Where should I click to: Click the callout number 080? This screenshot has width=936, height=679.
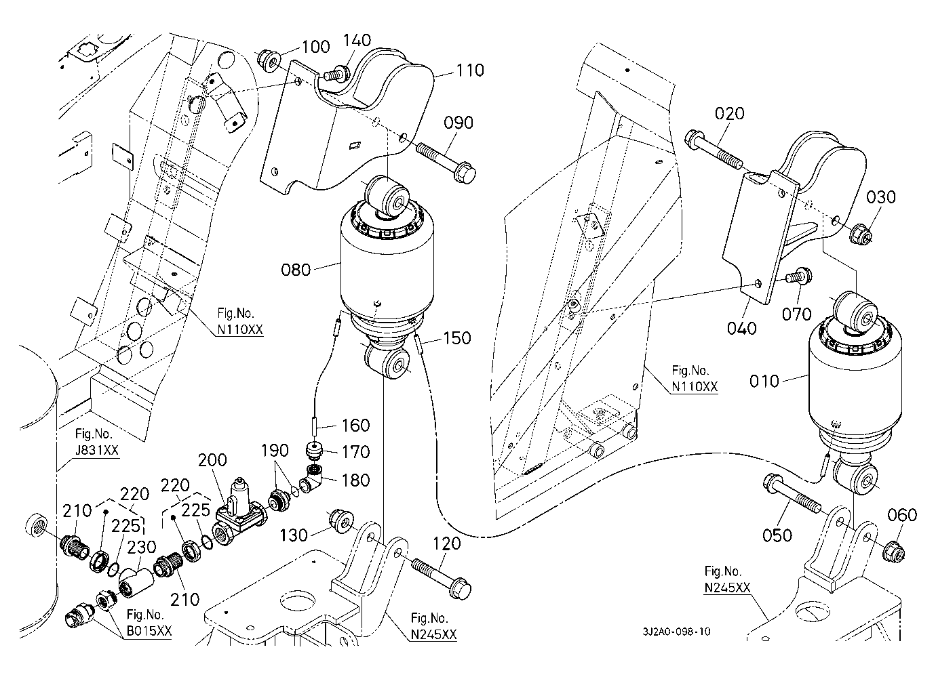pyautogui.click(x=296, y=270)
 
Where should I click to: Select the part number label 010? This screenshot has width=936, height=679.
pyautogui.click(x=764, y=382)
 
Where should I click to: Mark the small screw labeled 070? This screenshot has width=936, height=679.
pyautogui.click(x=799, y=276)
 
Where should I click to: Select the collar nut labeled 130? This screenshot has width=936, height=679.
pyautogui.click(x=341, y=521)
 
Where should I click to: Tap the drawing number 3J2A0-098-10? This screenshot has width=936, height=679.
pyautogui.click(x=676, y=632)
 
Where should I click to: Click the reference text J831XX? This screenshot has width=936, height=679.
pyautogui.click(x=97, y=450)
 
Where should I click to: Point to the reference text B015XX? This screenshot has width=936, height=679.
pyautogui.click(x=149, y=631)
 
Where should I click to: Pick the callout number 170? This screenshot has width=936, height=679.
pyautogui.click(x=356, y=452)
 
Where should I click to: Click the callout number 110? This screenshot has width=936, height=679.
pyautogui.click(x=470, y=70)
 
